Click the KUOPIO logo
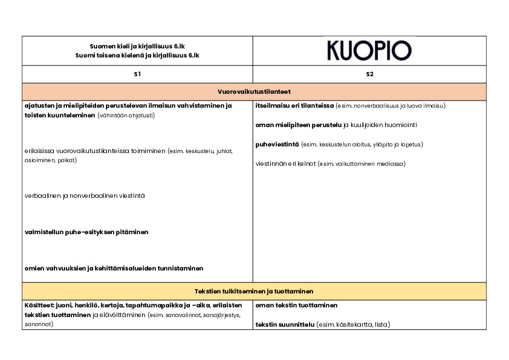point(369,50)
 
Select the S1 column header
point(137,74)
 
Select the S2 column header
point(369,74)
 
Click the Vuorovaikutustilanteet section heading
point(254,91)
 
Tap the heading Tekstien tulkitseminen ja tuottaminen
point(254,291)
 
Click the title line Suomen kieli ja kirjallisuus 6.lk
point(137,46)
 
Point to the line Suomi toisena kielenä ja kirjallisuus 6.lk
point(137,55)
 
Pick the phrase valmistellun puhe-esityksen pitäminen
point(86,232)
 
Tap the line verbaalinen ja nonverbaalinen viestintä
point(85,196)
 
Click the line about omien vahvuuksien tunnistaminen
point(114,268)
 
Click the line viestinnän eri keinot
point(285,164)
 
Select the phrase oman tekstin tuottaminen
point(296,306)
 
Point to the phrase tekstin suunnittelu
point(285,325)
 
